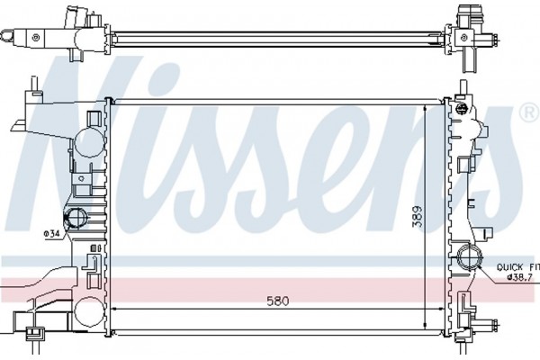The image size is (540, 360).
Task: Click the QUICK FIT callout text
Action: coord(517,267)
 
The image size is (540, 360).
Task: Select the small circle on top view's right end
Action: coord(465,37)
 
